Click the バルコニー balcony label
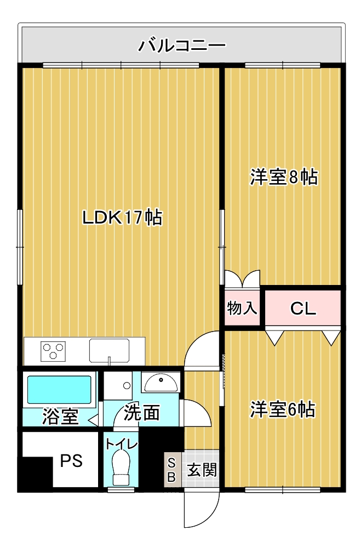click(x=182, y=44)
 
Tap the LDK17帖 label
click(x=122, y=218)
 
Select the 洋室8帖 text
click(x=284, y=177)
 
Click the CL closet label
click(x=303, y=309)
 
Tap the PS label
click(x=71, y=461)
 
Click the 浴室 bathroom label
click(x=60, y=417)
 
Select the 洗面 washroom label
click(x=141, y=413)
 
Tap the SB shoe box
click(x=171, y=469)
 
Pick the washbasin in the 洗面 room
click(x=159, y=382)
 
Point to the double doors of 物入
click(x=242, y=279)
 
